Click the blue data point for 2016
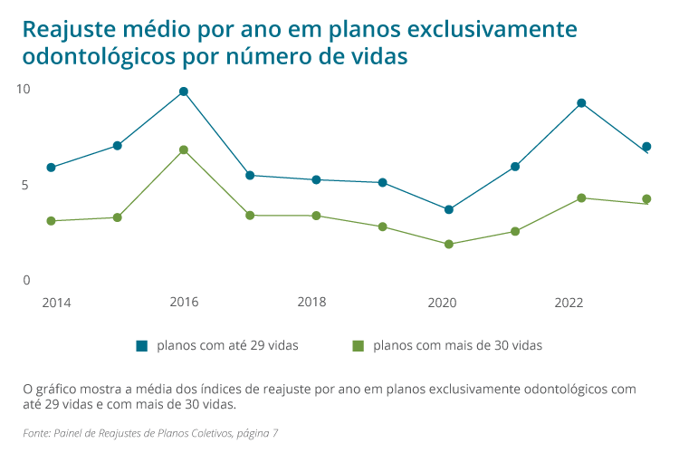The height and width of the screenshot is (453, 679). (x=184, y=92)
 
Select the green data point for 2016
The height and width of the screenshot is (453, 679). (x=184, y=149)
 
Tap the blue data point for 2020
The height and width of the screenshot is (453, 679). (x=449, y=209)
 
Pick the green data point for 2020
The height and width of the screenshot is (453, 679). (x=449, y=244)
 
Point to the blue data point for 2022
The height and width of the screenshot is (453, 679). (x=581, y=103)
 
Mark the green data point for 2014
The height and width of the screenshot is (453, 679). (x=52, y=221)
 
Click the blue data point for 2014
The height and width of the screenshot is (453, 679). (x=52, y=168)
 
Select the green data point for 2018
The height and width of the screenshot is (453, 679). (x=316, y=216)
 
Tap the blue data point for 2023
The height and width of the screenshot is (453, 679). (x=646, y=147)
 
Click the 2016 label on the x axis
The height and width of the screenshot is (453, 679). (x=184, y=302)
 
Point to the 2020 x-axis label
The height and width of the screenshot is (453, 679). (x=442, y=302)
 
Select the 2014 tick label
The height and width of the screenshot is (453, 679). (x=56, y=302)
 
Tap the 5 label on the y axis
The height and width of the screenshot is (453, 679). (x=25, y=185)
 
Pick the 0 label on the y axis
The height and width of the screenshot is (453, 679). (x=26, y=280)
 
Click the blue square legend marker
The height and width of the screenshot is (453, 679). (x=141, y=345)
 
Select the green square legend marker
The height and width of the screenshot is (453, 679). (x=358, y=345)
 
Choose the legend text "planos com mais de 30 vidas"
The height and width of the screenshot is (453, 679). (x=457, y=345)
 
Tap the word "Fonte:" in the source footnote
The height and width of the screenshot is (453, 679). (x=37, y=433)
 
